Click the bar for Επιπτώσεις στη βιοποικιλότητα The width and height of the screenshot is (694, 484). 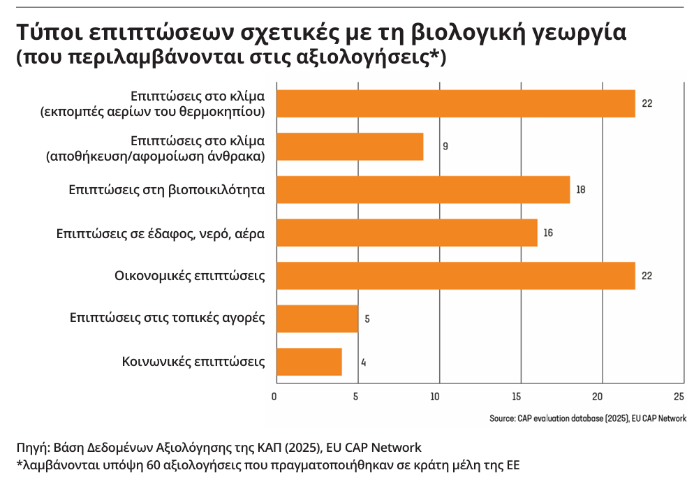point(423,189)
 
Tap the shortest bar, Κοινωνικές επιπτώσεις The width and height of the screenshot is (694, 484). point(309,362)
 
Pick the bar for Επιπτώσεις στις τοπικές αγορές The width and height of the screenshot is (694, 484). point(318,318)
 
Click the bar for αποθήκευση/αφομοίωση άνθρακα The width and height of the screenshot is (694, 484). point(350,146)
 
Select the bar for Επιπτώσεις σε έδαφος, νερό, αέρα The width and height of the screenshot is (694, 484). point(407,233)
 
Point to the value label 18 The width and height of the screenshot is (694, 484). point(581,190)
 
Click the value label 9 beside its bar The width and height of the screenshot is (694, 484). point(445,147)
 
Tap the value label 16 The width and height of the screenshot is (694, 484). point(548,233)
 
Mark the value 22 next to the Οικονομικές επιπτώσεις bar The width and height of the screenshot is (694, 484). point(647,276)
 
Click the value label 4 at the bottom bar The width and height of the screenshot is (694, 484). point(364,362)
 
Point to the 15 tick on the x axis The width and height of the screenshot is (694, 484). point(516,397)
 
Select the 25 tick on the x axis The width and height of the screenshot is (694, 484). point(678,397)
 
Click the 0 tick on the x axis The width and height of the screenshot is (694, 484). point(274,397)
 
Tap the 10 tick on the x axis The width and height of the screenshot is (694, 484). point(435,397)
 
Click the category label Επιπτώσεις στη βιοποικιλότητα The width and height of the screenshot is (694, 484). point(166,189)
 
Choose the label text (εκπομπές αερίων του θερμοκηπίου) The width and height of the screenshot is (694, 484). point(152,111)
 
